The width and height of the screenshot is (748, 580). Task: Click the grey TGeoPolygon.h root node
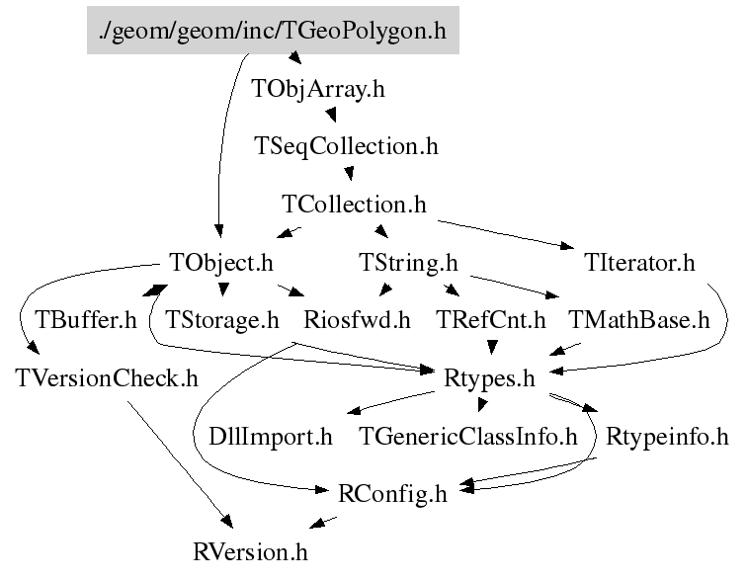point(273,31)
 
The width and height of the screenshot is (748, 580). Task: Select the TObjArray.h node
point(318,89)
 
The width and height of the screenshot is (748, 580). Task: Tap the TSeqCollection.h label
point(346,146)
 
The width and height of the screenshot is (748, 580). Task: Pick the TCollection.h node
point(354,205)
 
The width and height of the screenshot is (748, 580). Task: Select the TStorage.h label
point(223,320)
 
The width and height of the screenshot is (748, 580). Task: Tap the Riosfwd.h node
point(357,320)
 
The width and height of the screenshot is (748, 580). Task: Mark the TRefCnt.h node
point(491,320)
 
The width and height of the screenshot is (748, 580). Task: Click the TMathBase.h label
point(640,320)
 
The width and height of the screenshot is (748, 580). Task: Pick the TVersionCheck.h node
point(107,377)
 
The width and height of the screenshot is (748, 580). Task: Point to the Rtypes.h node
point(491,377)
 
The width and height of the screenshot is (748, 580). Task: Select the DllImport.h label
point(271,436)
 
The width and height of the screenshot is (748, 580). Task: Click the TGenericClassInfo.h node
point(467,436)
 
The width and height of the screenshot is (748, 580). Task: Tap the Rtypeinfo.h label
point(667,436)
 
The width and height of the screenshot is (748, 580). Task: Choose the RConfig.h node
point(393,493)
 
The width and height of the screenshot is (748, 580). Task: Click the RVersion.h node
point(257,550)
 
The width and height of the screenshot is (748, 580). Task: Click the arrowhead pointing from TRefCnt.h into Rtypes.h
point(491,348)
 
